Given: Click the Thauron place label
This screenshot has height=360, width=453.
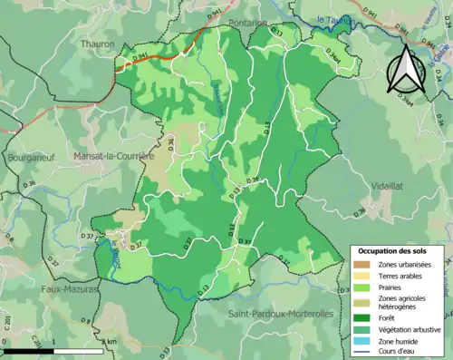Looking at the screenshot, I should (97, 43).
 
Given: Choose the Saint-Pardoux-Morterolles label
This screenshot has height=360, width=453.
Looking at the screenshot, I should (281, 314).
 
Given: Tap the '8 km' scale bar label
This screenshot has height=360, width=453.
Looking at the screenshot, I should (110, 341).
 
